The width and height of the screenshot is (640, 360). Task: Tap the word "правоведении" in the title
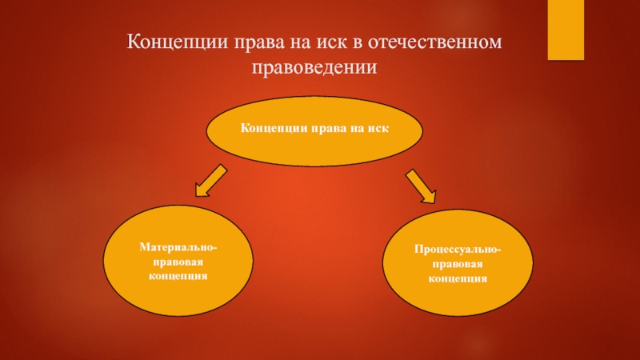314,67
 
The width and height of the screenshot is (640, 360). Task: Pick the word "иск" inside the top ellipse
378,129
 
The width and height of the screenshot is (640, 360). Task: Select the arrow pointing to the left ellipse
211,181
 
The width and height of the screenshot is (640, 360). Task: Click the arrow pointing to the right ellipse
420,185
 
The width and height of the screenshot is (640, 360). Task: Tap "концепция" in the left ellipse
178,275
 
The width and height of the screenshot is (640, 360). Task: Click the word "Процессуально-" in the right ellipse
458,250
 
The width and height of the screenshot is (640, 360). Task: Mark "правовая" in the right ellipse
458,265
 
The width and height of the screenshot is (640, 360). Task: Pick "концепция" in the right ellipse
458,279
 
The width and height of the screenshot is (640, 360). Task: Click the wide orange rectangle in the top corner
571,30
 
